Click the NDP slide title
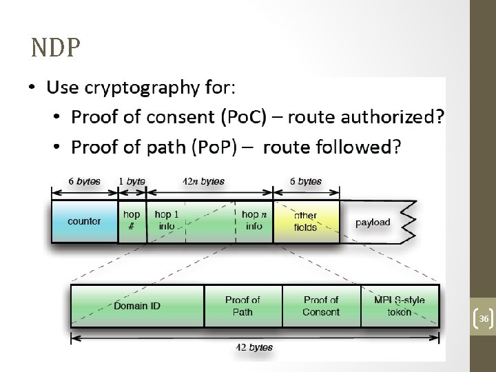(56, 48)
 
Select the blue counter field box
(84, 222)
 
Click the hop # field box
(132, 220)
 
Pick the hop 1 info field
(166, 220)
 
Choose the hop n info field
(254, 220)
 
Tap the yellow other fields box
(306, 221)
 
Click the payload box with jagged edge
(373, 223)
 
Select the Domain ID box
(137, 305)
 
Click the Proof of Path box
(242, 305)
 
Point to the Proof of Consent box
(321, 305)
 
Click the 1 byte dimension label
(132, 182)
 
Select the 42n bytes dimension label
(203, 182)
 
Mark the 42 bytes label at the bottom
(254, 348)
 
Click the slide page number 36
(484, 319)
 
